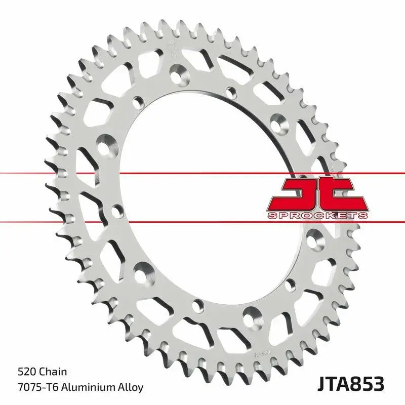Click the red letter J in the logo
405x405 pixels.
[x=299, y=194]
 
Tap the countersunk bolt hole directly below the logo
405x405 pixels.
[x=316, y=235]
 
